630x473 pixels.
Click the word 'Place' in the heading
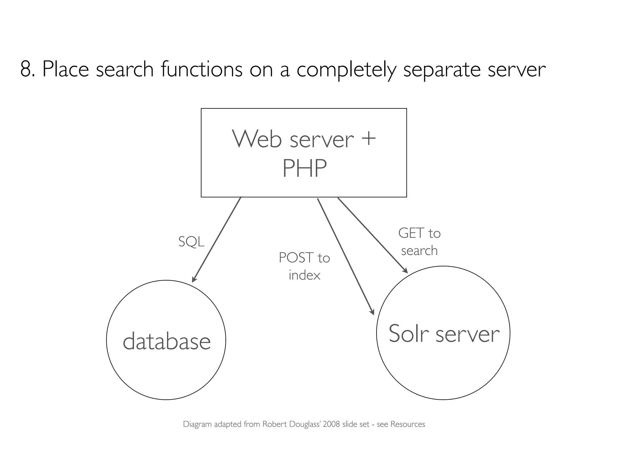(65, 69)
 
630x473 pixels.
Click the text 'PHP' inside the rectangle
(304, 168)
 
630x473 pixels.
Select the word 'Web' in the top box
(257, 139)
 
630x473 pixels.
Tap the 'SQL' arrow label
(191, 242)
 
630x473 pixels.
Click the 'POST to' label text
(304, 258)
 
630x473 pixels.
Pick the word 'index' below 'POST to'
(304, 275)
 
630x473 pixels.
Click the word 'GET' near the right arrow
(411, 233)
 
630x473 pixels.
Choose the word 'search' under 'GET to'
(419, 250)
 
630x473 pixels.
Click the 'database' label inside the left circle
(166, 341)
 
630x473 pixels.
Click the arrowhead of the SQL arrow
(193, 280)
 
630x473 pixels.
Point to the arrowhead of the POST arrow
(373, 312)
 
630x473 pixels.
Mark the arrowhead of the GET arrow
(405, 271)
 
